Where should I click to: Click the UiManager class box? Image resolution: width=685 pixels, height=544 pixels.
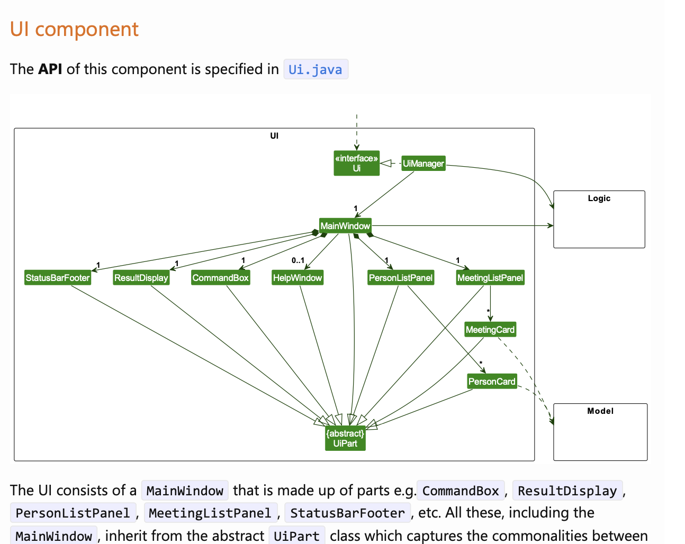tap(423, 164)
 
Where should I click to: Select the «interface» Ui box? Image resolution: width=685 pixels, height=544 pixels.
tap(356, 163)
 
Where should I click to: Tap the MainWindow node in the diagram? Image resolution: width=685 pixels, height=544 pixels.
tap(345, 226)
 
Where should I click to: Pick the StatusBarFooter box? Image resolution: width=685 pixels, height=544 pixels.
tap(58, 278)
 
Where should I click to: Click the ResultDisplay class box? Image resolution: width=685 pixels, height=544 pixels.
tap(141, 278)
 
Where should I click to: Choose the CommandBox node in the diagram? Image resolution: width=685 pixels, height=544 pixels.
tap(220, 278)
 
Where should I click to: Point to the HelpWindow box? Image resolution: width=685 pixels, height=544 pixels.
tap(298, 278)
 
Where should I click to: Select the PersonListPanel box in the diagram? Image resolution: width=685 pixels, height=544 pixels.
tap(401, 278)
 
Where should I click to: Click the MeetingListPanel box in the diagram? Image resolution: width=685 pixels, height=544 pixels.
tap(490, 278)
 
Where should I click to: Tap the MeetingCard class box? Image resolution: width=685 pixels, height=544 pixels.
tap(490, 330)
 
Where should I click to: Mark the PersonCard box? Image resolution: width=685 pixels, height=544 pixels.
tap(492, 382)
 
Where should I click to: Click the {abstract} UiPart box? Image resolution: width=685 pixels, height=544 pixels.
tap(345, 439)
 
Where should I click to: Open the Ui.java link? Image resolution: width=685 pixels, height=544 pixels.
tap(316, 69)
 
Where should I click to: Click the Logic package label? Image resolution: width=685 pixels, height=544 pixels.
tap(599, 198)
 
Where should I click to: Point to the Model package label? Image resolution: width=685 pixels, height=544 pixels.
tap(600, 411)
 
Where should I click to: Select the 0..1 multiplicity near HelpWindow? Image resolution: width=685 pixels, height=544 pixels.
tap(298, 260)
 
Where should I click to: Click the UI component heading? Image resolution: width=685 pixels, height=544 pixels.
tap(74, 29)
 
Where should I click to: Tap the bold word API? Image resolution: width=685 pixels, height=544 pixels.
tap(50, 69)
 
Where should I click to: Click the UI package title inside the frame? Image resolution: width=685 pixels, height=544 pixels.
tap(274, 136)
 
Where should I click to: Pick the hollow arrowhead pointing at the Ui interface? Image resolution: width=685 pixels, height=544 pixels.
tap(386, 163)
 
